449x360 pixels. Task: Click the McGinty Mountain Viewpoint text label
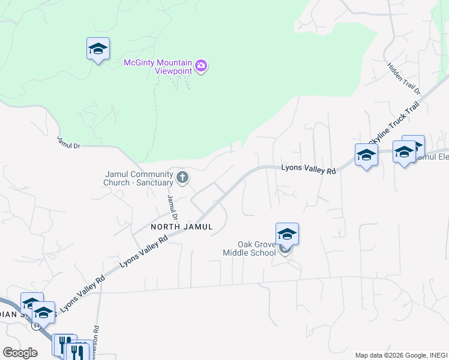pos(157,67)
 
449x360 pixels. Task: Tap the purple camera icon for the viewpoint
pos(201,66)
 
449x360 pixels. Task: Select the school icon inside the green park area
pos(98,49)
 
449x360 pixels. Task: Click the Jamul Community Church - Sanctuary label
pos(138,178)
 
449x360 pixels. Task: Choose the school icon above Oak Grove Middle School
pos(287,233)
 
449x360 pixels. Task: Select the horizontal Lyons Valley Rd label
pos(308,170)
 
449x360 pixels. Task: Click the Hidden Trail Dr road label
pos(404,79)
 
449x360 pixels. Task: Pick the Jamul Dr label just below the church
pos(173,206)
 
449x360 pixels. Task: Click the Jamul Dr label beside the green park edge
pos(68,142)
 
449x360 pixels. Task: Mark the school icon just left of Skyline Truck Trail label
pos(366,155)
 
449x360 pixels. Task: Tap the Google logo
pos(20,353)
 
